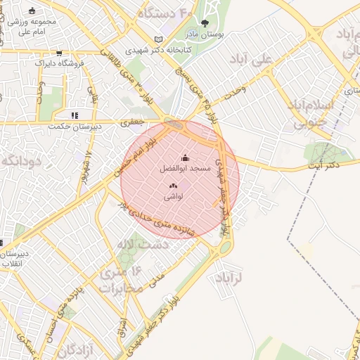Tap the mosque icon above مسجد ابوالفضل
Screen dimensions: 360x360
coord(186,157)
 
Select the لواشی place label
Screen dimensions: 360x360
coord(174,198)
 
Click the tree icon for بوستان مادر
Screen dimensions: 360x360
coord(205,22)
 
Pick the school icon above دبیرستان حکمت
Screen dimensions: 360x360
coord(74,115)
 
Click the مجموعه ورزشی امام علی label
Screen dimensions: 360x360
coord(34,26)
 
